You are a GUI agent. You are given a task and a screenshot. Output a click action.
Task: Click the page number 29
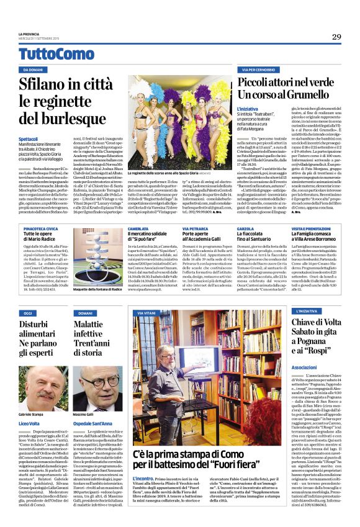coord(336,37)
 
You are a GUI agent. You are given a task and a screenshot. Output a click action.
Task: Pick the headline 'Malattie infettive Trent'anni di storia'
coord(99,333)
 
